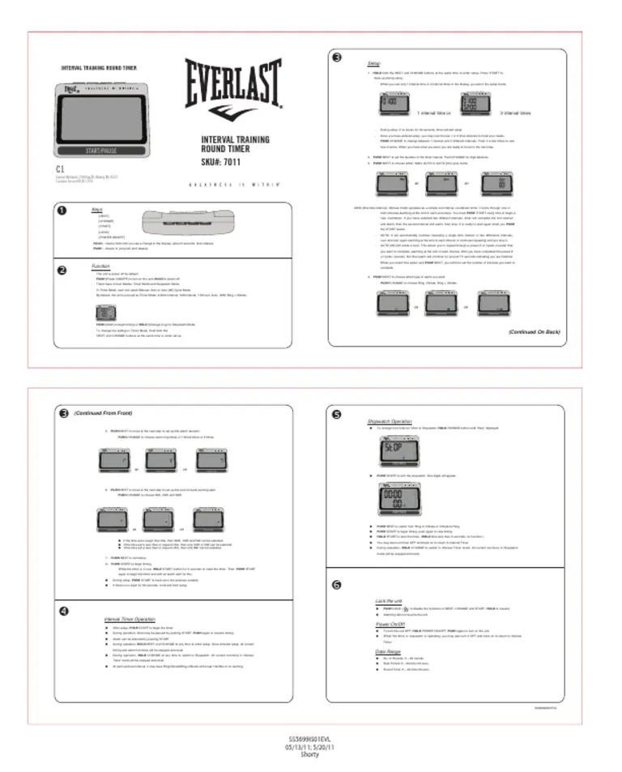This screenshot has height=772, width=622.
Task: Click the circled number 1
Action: (62, 211)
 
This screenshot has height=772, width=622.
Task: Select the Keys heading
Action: (97, 208)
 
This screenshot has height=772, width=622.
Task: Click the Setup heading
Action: (374, 62)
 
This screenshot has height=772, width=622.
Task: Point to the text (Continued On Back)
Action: (534, 331)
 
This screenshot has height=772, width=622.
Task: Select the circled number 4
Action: (63, 609)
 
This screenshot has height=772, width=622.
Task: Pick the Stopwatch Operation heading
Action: (390, 421)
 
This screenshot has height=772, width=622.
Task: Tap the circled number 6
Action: (337, 585)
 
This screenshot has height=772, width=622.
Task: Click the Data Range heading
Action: (387, 650)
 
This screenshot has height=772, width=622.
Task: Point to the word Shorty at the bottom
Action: (310, 754)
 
